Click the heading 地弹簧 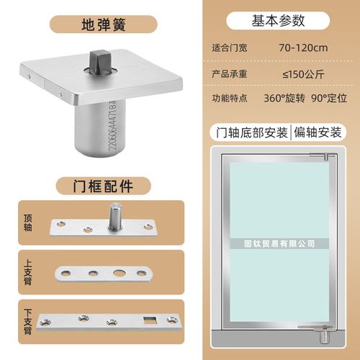(x=104, y=24)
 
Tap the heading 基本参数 (x=278, y=21)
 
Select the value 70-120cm (x=303, y=48)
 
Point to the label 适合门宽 (x=230, y=48)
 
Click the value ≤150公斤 (x=303, y=74)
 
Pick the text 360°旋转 (x=284, y=98)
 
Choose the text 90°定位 (x=329, y=98)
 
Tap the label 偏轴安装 (x=318, y=132)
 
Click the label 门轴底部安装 (x=252, y=132)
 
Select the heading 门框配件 (x=103, y=186)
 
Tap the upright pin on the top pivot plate (x=115, y=216)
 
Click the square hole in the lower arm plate (x=150, y=320)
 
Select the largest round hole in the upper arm (x=119, y=273)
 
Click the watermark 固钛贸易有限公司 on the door (x=279, y=243)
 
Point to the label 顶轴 (x=28, y=222)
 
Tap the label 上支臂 (x=28, y=272)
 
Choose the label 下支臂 (x=28, y=322)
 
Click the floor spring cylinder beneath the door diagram (x=325, y=336)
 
